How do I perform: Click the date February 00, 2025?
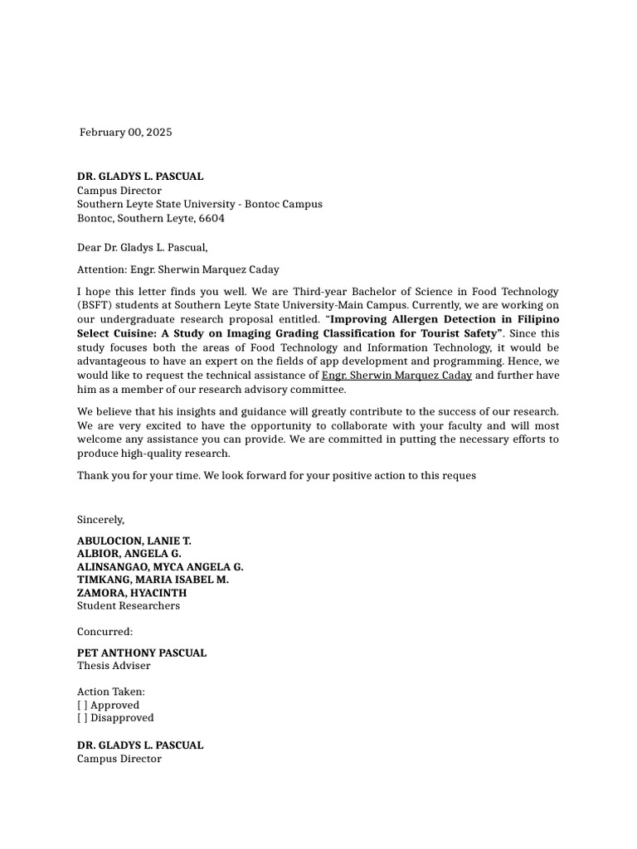point(126,133)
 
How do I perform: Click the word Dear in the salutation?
point(90,247)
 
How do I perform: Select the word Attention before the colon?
point(101,269)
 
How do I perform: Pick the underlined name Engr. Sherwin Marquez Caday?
point(396,376)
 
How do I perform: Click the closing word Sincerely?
point(100,520)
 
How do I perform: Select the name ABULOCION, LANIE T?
point(134,541)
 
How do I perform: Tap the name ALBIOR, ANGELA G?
point(129,554)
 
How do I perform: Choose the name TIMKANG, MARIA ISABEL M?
point(153,580)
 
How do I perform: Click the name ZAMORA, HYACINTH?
point(132,593)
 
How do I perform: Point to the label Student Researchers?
point(129,606)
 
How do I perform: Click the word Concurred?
point(105,632)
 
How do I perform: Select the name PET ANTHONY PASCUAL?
point(142,653)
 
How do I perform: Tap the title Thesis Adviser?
point(114,666)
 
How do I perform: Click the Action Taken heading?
point(110,691)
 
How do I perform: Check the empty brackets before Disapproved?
point(82,718)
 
